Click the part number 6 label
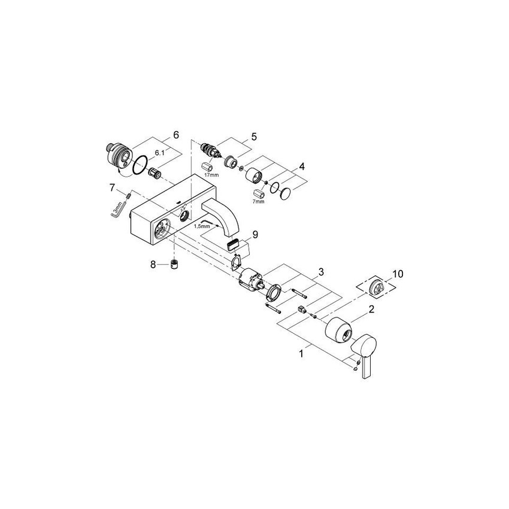175,135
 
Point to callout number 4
302,166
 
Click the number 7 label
112,187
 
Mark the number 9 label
254,234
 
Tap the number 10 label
398,274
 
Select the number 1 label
302,353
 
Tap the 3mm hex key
118,209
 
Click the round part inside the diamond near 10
378,286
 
